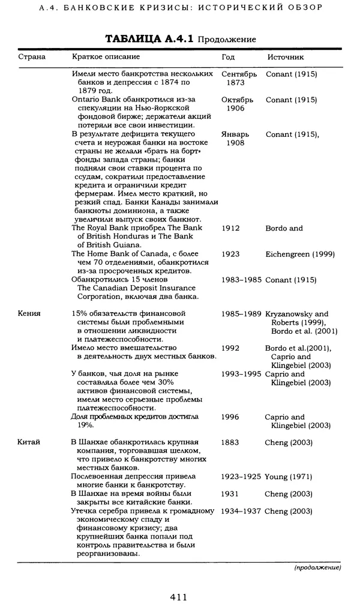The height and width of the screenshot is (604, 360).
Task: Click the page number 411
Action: click(x=179, y=596)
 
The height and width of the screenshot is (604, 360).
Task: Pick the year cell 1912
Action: click(x=231, y=228)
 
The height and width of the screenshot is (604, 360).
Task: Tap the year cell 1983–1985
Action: click(x=241, y=279)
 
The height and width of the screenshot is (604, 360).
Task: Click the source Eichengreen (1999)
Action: click(x=300, y=254)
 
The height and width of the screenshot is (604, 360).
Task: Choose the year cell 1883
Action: click(x=230, y=442)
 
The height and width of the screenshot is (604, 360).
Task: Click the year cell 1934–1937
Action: click(x=241, y=511)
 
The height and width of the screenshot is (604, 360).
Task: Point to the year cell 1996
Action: click(x=230, y=417)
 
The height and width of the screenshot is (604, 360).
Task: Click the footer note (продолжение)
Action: click(x=317, y=567)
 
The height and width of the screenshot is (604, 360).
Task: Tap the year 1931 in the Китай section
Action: click(x=230, y=494)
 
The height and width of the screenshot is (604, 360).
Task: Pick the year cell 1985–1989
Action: click(x=241, y=313)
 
